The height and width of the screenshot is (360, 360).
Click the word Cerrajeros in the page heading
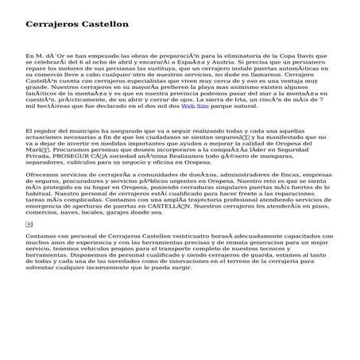click(53, 25)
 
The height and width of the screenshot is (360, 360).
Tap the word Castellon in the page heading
click(106, 25)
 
